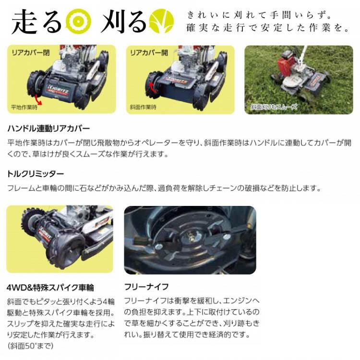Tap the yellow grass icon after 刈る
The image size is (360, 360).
point(160,22)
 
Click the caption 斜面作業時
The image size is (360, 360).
point(143,107)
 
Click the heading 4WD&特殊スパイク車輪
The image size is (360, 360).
point(50,288)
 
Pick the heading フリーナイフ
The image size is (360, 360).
point(146,287)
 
